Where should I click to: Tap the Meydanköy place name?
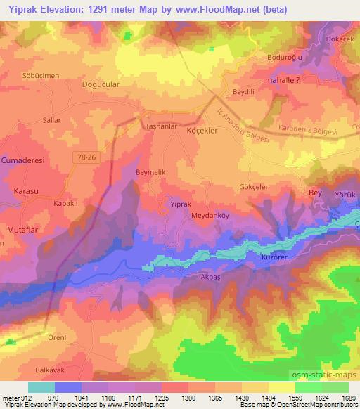[x=207, y=216]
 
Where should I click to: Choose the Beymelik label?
[x=150, y=171]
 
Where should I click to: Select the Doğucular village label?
[x=102, y=84]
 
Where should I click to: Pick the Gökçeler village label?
[x=254, y=187]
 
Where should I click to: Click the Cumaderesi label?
[x=23, y=160]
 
